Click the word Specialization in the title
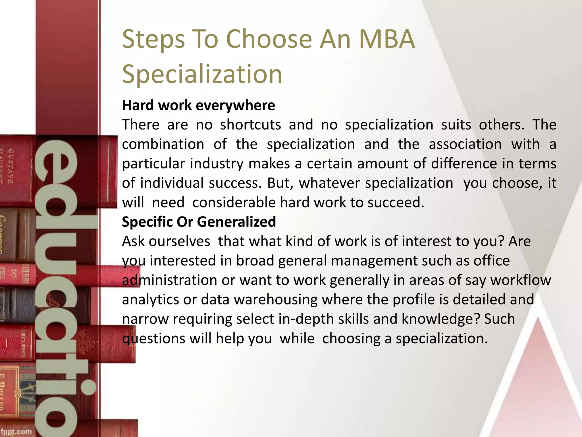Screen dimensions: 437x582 pos(202,74)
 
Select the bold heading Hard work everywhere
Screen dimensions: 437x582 pos(198,105)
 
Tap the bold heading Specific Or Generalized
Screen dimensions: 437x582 pos(199,222)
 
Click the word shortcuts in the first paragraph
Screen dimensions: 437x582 pos(251,125)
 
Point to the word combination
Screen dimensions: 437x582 pos(163,144)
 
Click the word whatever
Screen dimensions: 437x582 pos(329,183)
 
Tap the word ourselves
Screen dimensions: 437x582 pos(179,241)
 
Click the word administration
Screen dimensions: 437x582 pos(169,280)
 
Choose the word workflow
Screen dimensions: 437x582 pos(521,280)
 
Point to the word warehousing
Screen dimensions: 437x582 pos(275,300)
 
